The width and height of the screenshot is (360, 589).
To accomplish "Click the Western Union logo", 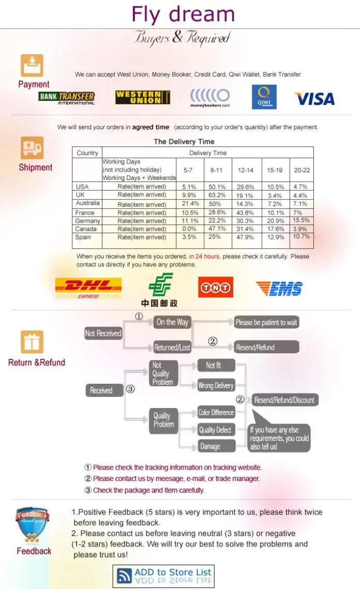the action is click(142, 97).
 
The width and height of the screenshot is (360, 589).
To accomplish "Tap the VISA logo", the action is click(314, 99).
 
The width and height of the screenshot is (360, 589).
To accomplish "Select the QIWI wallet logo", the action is click(264, 97).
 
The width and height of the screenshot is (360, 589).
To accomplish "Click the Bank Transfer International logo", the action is click(67, 98).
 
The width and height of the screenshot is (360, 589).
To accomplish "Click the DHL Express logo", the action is click(88, 288).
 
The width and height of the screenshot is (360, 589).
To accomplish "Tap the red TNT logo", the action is click(216, 288).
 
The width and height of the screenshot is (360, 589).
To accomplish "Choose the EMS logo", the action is click(279, 289).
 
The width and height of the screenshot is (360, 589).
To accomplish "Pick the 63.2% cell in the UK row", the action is click(217, 195).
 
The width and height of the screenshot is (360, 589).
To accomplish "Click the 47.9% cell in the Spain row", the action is click(245, 237).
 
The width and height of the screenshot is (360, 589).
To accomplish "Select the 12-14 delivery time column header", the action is click(245, 170).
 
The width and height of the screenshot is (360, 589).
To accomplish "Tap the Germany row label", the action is click(87, 221).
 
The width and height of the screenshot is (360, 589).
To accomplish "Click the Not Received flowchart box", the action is click(103, 333).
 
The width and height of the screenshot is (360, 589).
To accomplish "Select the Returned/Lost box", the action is click(172, 348).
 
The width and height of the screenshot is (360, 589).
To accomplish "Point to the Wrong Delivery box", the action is click(216, 385).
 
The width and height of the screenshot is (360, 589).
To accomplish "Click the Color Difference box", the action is click(216, 413).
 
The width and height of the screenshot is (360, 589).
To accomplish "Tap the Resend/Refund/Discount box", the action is click(285, 400).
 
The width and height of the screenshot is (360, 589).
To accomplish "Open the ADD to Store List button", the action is click(163, 576).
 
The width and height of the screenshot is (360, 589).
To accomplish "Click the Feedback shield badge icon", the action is click(32, 525).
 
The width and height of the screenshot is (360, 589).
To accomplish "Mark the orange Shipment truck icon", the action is click(32, 147).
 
